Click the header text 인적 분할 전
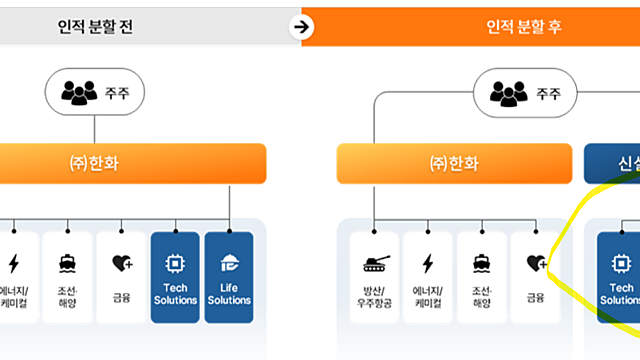(x=95, y=27)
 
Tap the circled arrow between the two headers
(x=301, y=27)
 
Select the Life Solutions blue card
(x=229, y=277)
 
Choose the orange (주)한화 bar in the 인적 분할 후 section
(x=451, y=163)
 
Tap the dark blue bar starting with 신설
(x=612, y=163)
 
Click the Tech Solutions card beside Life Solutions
(x=176, y=277)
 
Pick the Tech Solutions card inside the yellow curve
(x=618, y=277)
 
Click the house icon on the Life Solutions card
(x=230, y=263)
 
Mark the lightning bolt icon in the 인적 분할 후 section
(x=428, y=264)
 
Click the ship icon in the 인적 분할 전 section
(x=67, y=263)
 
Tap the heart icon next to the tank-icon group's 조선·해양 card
(x=535, y=264)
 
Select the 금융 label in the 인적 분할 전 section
(x=121, y=297)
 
